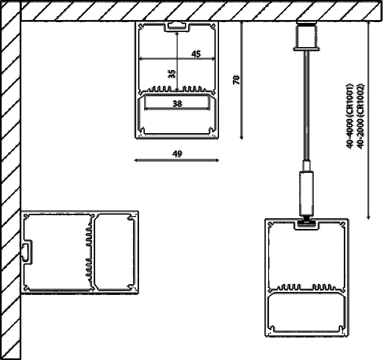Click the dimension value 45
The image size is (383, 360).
pyautogui.click(x=196, y=54)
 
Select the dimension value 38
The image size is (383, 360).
pyautogui.click(x=177, y=104)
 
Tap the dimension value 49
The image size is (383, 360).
pyautogui.click(x=177, y=154)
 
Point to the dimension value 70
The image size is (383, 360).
pyautogui.click(x=236, y=80)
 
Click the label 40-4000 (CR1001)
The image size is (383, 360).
pyautogui.click(x=350, y=117)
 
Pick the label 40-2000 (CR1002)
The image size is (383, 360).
pyautogui.click(x=360, y=117)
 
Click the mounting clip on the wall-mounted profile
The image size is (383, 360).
pyautogui.click(x=26, y=251)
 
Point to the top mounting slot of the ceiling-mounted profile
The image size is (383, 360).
pyautogui.click(x=177, y=27)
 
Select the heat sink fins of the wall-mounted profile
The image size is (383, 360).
pyautogui.click(x=89, y=252)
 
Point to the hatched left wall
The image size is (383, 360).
pyautogui.click(x=10, y=184)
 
